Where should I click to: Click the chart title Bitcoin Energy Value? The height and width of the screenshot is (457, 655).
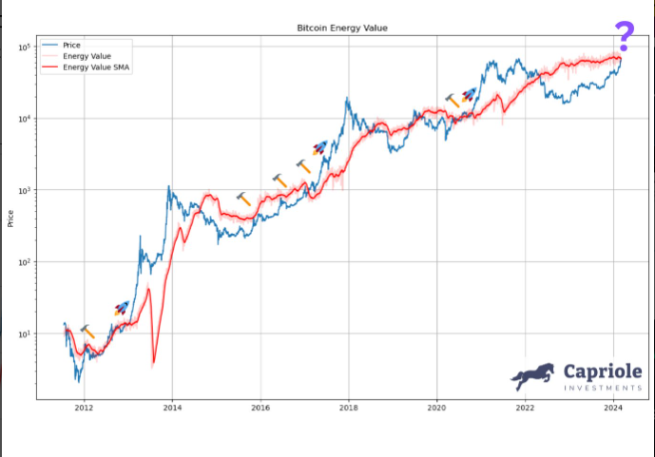pos(343,29)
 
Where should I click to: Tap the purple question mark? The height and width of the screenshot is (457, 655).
pos(624,36)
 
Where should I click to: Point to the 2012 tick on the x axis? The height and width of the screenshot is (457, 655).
pos(84,409)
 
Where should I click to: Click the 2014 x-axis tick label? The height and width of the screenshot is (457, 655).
pos(172,409)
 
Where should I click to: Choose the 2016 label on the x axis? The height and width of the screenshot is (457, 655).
pos(260,409)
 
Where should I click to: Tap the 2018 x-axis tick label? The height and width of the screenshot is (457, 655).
pos(349,409)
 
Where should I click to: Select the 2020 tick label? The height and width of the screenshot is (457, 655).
pos(436,409)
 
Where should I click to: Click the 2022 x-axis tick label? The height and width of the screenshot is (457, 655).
pos(525,409)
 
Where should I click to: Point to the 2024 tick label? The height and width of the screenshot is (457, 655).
pos(613,409)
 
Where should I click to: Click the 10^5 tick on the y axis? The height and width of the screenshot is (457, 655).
pos(24,47)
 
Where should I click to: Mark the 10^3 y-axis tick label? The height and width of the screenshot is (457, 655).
pos(24,190)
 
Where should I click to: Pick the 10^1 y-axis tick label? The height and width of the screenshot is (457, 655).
pos(24,333)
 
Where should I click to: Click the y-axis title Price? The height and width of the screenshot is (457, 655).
pos(10,219)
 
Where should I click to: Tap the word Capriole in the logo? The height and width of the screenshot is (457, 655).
pos(603,371)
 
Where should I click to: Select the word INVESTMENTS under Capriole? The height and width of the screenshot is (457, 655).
pos(603,388)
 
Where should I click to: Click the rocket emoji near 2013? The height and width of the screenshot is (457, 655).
pos(121,308)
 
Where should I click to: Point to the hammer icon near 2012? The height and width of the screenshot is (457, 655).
pos(87,331)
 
